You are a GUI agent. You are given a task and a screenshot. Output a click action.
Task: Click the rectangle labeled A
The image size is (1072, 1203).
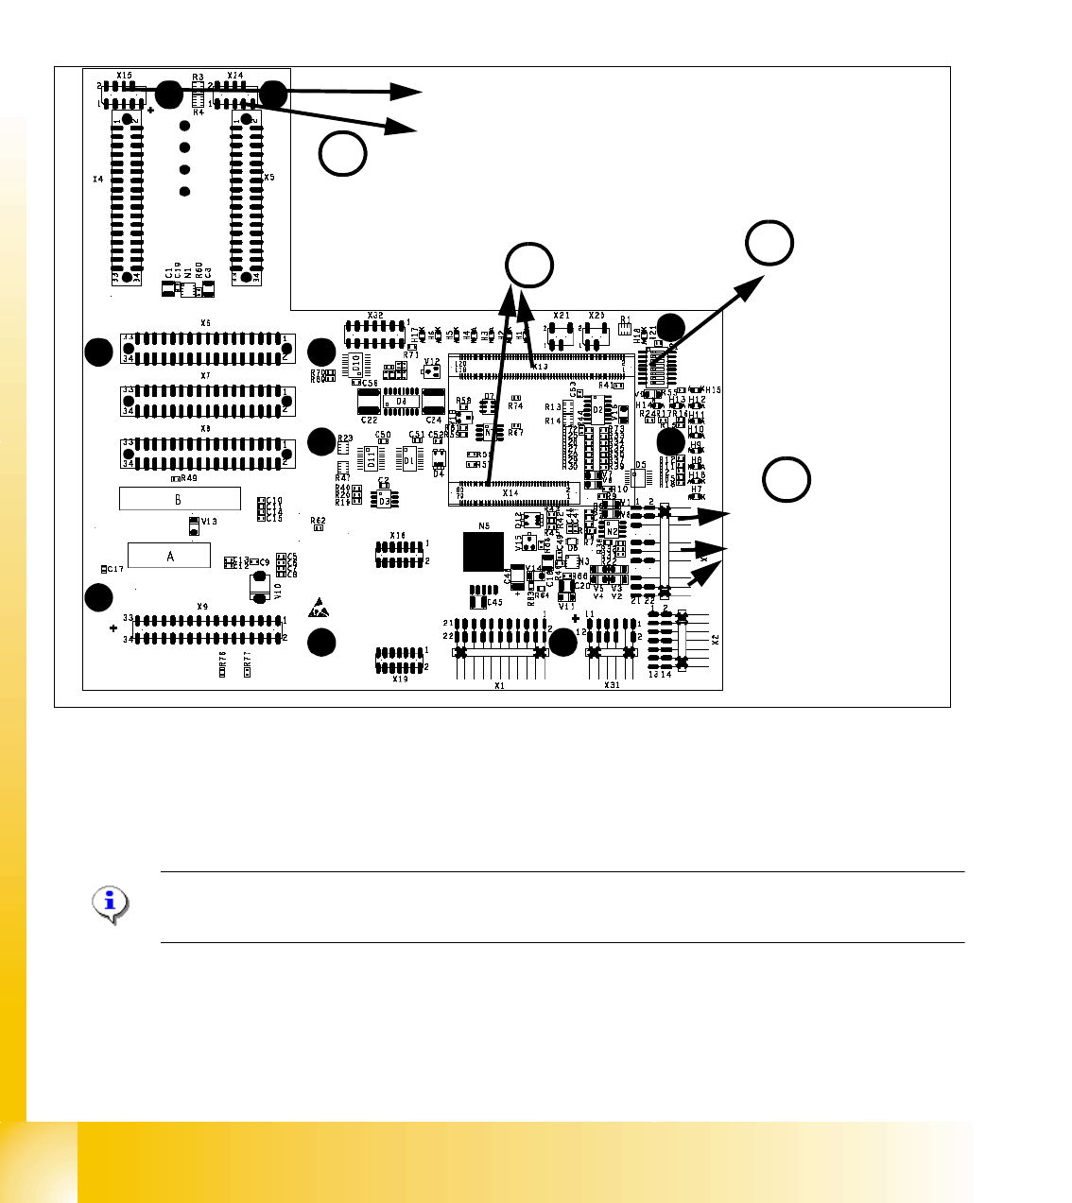(x=169, y=556)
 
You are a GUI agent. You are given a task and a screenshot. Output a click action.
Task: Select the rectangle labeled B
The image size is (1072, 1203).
(x=180, y=498)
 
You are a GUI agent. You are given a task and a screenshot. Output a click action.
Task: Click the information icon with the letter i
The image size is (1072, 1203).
(x=112, y=904)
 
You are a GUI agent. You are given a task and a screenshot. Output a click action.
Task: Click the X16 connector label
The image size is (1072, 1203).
(x=398, y=536)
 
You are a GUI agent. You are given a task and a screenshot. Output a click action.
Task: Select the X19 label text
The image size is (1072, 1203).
(x=400, y=679)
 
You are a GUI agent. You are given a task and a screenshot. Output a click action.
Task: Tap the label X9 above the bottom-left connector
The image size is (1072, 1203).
(x=202, y=607)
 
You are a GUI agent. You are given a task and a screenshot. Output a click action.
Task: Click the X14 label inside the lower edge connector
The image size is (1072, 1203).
(x=510, y=492)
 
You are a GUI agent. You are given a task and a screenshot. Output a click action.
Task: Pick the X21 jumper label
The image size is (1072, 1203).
(x=562, y=316)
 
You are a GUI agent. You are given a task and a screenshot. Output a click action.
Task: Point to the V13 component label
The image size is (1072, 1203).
(x=209, y=522)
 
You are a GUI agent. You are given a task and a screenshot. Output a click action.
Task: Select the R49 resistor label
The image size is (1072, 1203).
(x=189, y=478)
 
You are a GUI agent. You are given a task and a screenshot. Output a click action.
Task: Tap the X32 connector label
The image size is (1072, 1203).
(x=375, y=315)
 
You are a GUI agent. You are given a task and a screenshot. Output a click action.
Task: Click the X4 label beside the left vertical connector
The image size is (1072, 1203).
(x=97, y=178)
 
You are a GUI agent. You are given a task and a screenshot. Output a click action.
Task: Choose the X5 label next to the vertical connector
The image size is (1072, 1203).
(x=269, y=178)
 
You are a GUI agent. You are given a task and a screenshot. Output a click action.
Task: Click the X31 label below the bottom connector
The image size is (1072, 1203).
(x=612, y=685)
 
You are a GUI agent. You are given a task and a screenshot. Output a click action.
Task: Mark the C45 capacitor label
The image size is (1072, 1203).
(x=494, y=602)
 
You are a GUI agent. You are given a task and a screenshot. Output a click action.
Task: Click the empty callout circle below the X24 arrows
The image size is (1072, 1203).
(x=342, y=153)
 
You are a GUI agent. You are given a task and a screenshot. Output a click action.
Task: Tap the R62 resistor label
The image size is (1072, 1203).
(x=318, y=520)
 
